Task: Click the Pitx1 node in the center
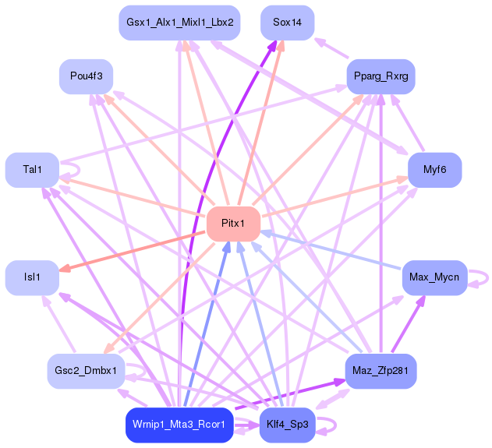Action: click(232, 224)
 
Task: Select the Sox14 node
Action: click(287, 23)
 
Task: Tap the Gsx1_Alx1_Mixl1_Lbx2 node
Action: click(179, 23)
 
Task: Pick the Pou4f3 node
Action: click(87, 76)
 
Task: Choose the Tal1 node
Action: click(32, 170)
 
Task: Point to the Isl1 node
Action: click(32, 277)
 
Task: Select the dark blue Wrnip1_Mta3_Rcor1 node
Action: click(179, 425)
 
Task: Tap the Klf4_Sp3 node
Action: click(286, 425)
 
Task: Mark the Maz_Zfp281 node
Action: click(381, 371)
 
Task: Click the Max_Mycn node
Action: click(434, 277)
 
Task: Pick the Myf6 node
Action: click(434, 170)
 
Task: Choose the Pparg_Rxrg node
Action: click(381, 76)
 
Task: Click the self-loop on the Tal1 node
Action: click(76, 169)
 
